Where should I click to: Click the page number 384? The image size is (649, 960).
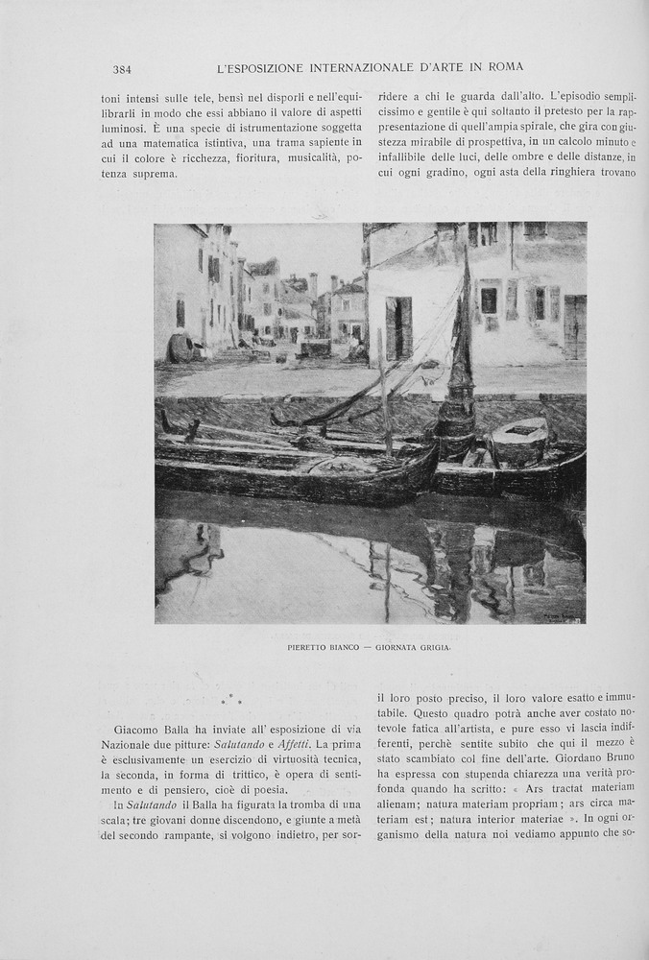[122, 69]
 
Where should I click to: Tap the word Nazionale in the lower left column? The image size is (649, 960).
[129, 745]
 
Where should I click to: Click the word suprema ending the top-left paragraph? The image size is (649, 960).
[153, 175]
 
